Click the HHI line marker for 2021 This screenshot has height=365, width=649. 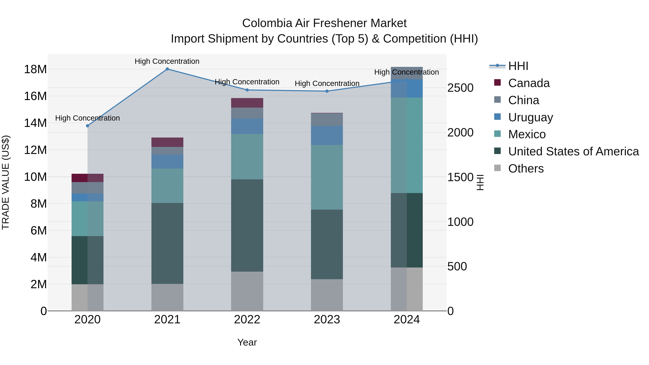pos(167,69)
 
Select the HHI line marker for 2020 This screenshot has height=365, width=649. pos(87,126)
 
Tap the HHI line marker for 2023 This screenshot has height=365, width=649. pos(327,91)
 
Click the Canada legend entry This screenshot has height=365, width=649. pos(529,83)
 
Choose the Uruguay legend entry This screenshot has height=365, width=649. pos(530,117)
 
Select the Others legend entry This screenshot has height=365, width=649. pos(526,169)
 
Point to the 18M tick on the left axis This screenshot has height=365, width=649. pos(35,69)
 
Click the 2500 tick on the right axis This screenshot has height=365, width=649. pos(460,88)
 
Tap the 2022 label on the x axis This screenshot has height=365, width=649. pos(247,320)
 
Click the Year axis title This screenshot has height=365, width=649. pos(247,342)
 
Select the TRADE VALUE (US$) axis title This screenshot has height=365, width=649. pos(6,182)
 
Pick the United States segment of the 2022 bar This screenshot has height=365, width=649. pos(247,225)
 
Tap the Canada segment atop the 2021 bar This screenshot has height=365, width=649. pos(167,142)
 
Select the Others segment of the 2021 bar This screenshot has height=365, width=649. pos(167,297)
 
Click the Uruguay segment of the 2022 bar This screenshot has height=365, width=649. pos(247,126)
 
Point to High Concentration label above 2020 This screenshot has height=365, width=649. pos(87,118)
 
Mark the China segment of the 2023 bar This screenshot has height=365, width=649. pos(327,120)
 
